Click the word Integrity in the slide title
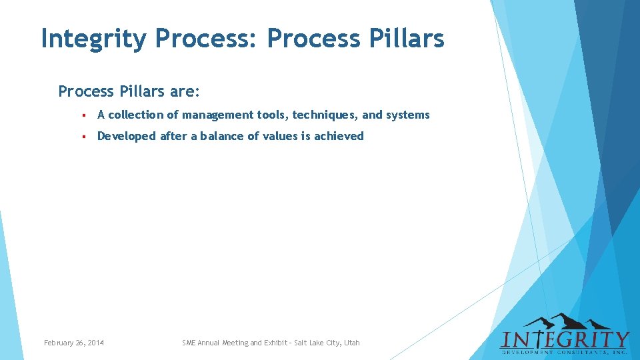click(93, 39)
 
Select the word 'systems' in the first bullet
click(407, 115)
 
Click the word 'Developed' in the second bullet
click(126, 136)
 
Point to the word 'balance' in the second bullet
click(227, 136)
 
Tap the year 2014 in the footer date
click(95, 343)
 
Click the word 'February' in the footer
click(59, 343)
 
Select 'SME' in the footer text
click(189, 343)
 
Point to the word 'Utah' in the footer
click(351, 343)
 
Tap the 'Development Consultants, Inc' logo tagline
click(565, 350)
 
